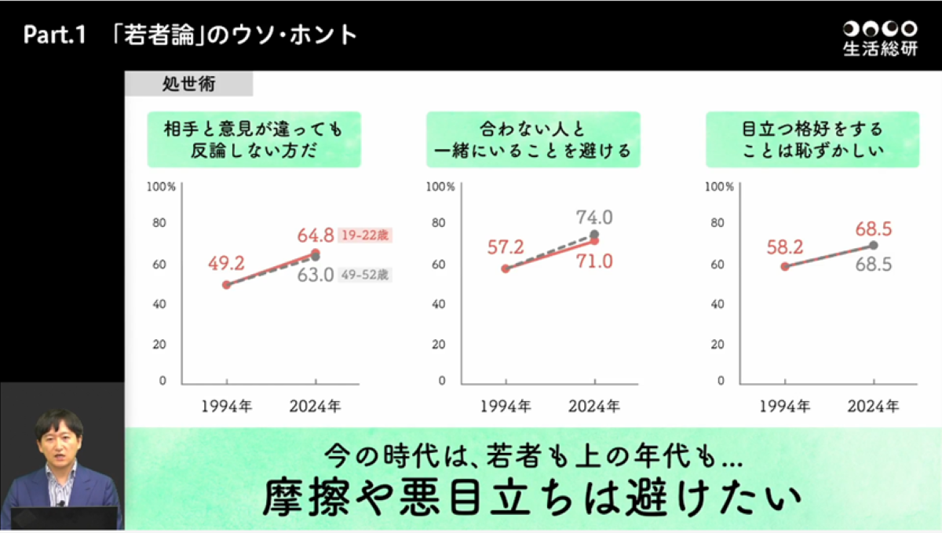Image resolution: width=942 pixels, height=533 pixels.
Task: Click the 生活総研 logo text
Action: (879, 49)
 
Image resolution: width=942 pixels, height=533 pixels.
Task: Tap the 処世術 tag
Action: (188, 82)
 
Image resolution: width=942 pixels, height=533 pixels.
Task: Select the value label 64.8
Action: (316, 235)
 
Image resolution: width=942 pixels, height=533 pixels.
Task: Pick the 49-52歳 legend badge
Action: (364, 275)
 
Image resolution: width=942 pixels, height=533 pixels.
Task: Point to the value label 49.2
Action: (227, 263)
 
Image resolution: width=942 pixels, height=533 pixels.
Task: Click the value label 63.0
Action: (316, 275)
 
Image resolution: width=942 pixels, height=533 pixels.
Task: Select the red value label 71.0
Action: (593, 261)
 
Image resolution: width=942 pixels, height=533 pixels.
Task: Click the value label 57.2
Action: (506, 248)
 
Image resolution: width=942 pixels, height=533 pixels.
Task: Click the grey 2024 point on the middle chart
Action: (594, 235)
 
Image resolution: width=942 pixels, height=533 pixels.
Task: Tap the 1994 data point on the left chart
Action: (227, 285)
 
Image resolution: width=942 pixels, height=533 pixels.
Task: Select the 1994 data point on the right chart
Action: (785, 267)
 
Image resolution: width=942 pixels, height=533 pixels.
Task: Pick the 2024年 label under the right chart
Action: (873, 406)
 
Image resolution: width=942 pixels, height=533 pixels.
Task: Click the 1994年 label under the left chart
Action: (227, 406)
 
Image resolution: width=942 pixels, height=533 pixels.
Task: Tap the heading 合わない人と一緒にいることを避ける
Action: (533, 139)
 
